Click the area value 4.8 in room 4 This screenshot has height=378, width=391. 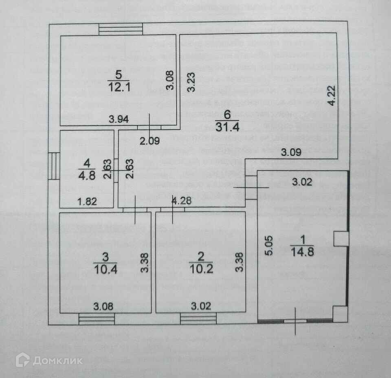[x=87, y=174]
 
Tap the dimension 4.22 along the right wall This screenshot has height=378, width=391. [x=333, y=96]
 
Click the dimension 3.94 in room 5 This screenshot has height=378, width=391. [x=119, y=119]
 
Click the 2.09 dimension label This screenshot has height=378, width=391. [x=149, y=141]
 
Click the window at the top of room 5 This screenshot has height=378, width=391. [x=121, y=29]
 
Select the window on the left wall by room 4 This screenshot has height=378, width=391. [x=53, y=166]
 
